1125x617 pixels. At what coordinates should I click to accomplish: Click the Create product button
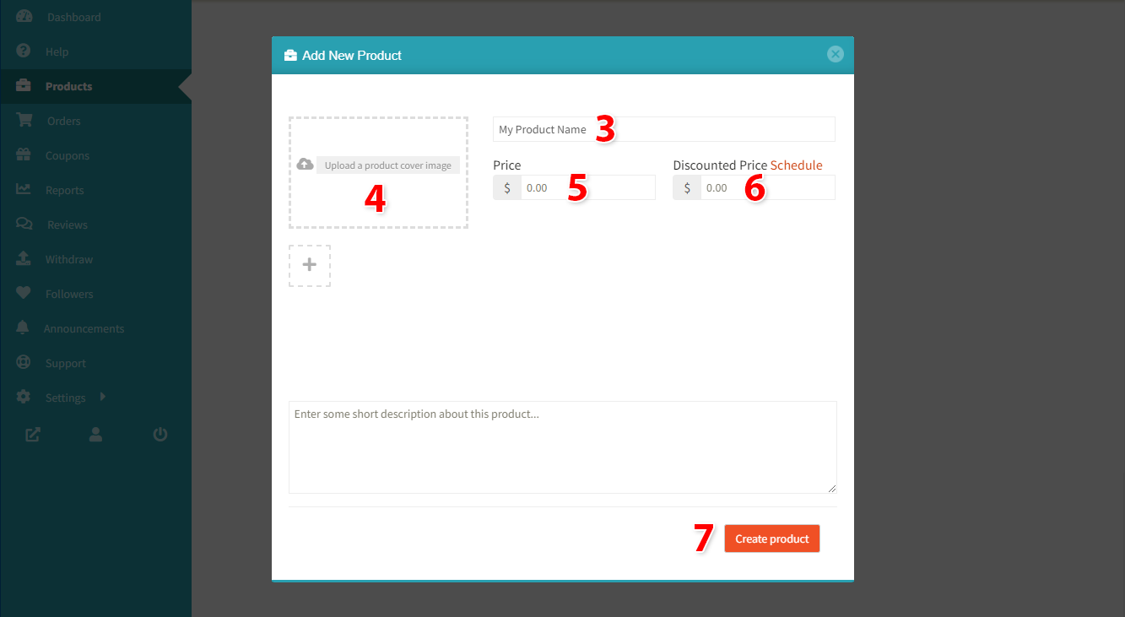pyautogui.click(x=772, y=539)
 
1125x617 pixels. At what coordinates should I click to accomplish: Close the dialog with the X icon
pyautogui.click(x=836, y=54)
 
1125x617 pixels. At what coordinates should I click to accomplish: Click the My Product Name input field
pyautogui.click(x=664, y=130)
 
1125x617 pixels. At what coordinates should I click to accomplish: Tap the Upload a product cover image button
pyautogui.click(x=387, y=165)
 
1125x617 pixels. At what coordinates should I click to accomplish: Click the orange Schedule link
pyautogui.click(x=796, y=165)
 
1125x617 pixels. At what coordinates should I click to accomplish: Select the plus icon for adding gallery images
pyautogui.click(x=310, y=264)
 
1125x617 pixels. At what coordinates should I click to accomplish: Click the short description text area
pyautogui.click(x=562, y=447)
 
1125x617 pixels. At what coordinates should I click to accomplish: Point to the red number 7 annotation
pyautogui.click(x=703, y=538)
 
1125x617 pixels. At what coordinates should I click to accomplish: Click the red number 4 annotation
pyautogui.click(x=376, y=198)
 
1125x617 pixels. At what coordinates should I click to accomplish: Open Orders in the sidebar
pyautogui.click(x=64, y=121)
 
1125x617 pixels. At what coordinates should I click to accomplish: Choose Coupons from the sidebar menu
pyautogui.click(x=68, y=156)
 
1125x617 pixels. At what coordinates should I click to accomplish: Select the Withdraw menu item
pyautogui.click(x=69, y=259)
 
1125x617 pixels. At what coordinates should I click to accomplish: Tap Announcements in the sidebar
pyautogui.click(x=84, y=328)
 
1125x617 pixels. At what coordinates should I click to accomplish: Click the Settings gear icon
pyautogui.click(x=23, y=397)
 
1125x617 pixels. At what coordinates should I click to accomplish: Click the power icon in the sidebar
pyautogui.click(x=160, y=434)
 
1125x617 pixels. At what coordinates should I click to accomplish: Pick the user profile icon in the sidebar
pyautogui.click(x=95, y=434)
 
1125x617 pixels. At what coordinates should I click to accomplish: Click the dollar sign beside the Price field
pyautogui.click(x=506, y=188)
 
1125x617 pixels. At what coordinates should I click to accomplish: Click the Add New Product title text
pyautogui.click(x=352, y=55)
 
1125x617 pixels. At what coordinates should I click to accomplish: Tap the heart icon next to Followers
pyautogui.click(x=23, y=292)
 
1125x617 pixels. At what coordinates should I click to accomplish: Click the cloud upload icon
pyautogui.click(x=305, y=165)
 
